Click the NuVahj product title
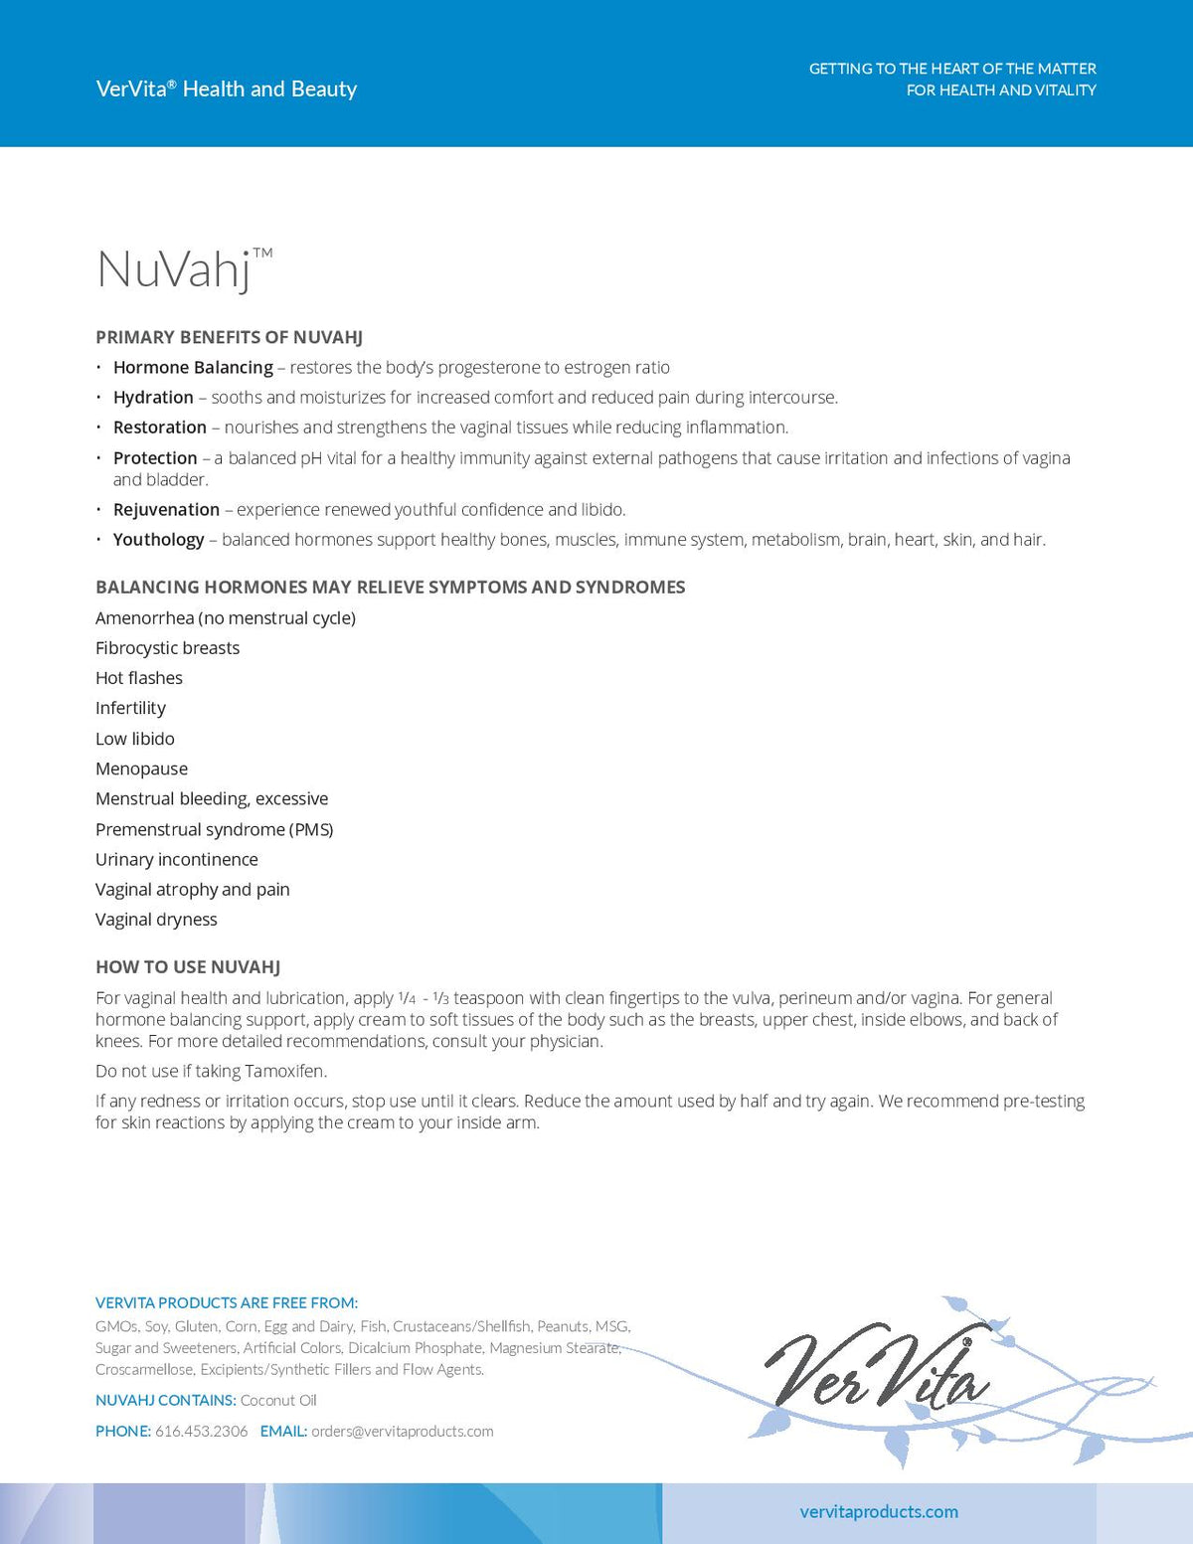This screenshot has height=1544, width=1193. coord(174,269)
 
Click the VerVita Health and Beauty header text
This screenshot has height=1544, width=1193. coord(227,88)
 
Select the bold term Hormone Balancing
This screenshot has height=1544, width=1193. coord(193,368)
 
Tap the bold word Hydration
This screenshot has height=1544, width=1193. coord(153,398)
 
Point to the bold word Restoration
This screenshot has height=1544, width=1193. coord(160,428)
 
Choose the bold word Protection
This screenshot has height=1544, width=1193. coord(155,458)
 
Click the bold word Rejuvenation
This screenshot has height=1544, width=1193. coord(166,510)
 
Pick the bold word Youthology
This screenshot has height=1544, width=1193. coord(158,540)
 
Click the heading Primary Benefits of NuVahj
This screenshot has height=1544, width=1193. coord(229,337)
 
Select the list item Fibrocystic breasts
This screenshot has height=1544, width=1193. coord(167,648)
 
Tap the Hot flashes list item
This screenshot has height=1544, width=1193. coord(139,678)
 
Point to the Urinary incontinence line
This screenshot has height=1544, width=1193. coord(177,860)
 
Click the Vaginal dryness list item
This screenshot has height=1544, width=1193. coord(156,920)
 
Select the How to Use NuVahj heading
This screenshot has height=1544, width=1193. coord(188,967)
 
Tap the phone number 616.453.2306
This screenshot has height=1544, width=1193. coord(201,1432)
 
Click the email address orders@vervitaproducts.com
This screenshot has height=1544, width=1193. coord(403,1432)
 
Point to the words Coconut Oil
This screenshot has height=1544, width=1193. coord(278,1401)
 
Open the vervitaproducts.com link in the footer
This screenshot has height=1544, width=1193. coord(879,1512)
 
